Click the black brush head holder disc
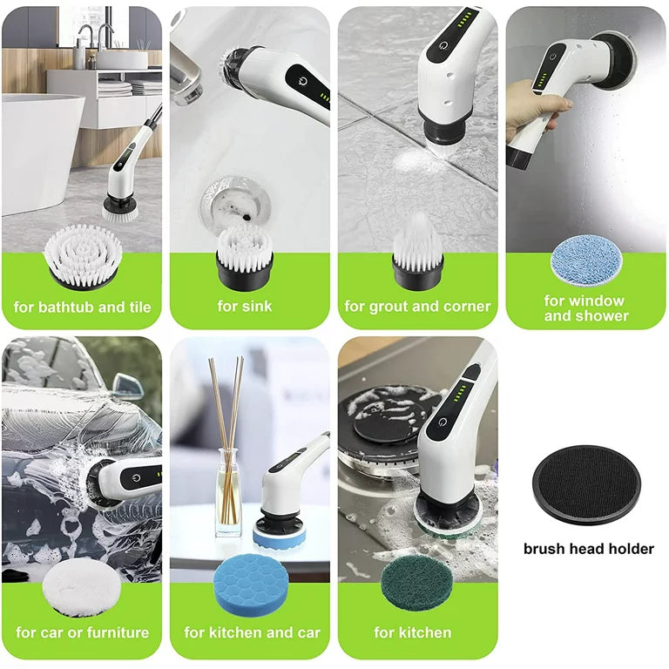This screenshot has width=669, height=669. point(587,485)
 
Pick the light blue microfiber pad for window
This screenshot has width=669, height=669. point(586,260)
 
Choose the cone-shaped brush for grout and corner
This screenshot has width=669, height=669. point(418,252)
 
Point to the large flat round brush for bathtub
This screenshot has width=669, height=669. point(83,257)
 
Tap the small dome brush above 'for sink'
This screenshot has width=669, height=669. point(245,257)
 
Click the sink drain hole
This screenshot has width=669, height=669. point(235,204)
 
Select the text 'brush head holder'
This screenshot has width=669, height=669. point(588,549)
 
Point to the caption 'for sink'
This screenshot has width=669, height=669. point(245,306)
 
